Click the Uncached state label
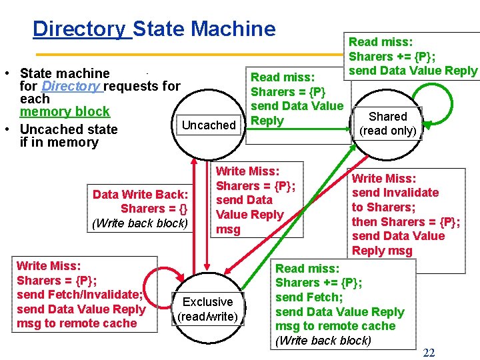coord(209,125)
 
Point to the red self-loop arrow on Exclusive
coord(143,288)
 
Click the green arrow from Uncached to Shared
coord(298,129)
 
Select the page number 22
coord(429,353)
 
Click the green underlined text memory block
coord(65,111)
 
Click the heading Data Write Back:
coord(140,195)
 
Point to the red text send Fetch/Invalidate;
coord(79,295)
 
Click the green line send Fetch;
coord(309,297)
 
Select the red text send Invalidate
coord(395,193)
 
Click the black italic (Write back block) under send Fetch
coord(323,341)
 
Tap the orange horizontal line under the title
coord(189,55)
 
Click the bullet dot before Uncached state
coord(7,129)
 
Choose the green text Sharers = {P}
coord(288,92)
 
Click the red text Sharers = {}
coord(154,209)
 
